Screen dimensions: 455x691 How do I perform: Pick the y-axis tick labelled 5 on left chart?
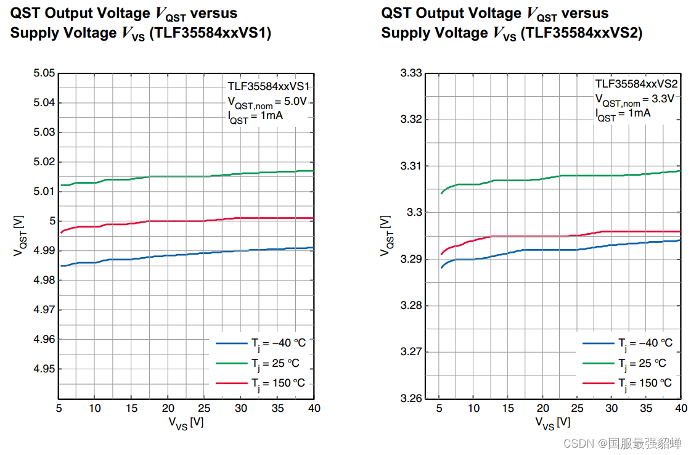click(x=52, y=221)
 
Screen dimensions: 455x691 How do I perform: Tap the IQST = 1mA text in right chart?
click(x=622, y=113)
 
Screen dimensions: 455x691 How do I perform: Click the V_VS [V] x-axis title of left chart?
click(x=186, y=423)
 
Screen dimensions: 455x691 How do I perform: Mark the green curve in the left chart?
click(x=185, y=176)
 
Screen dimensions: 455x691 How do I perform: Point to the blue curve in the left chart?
click(x=185, y=254)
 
